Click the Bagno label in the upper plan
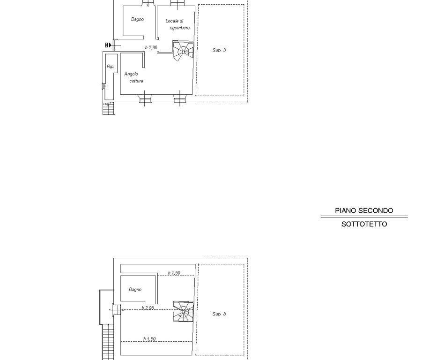pyautogui.click(x=137, y=19)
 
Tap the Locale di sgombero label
pyautogui.click(x=178, y=24)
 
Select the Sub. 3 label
pyautogui.click(x=219, y=50)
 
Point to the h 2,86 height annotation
pyautogui.click(x=151, y=48)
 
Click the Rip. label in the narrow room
pyautogui.click(x=111, y=67)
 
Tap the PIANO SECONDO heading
pyautogui.click(x=364, y=210)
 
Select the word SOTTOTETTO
pyautogui.click(x=364, y=224)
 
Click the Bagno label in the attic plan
pyautogui.click(x=135, y=290)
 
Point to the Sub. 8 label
pyautogui.click(x=219, y=314)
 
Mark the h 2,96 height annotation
pyautogui.click(x=148, y=308)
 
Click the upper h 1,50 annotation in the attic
pyautogui.click(x=174, y=273)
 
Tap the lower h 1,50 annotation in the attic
pyautogui.click(x=149, y=339)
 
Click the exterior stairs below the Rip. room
pyautogui.click(x=109, y=108)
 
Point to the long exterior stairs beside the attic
pyautogui.click(x=108, y=342)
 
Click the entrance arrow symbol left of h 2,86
pyautogui.click(x=108, y=45)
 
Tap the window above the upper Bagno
pyautogui.click(x=148, y=2)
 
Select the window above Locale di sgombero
pyautogui.click(x=177, y=3)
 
